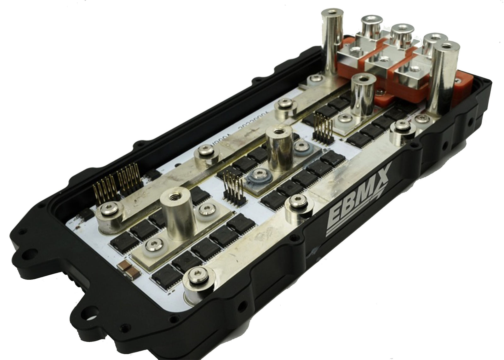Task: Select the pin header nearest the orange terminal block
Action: [x=321, y=128]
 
